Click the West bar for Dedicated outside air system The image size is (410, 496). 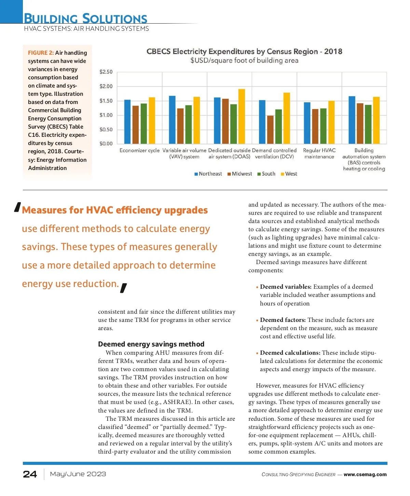(x=242, y=116)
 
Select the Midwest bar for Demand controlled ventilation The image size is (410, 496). (x=270, y=130)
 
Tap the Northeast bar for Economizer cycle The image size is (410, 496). (x=127, y=121)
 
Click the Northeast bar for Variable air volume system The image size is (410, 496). (x=172, y=120)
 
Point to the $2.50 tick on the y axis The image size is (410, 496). (x=106, y=72)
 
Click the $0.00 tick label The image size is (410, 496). (x=106, y=144)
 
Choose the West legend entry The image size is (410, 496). (x=289, y=174)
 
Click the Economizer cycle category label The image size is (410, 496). (x=139, y=151)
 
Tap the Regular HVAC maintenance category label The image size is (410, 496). (x=319, y=154)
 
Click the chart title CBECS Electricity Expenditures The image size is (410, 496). (x=244, y=52)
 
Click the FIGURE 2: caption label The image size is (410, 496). (x=41, y=53)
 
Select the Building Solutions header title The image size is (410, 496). (x=85, y=18)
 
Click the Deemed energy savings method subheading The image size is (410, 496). (x=151, y=344)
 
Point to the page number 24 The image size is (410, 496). (x=30, y=474)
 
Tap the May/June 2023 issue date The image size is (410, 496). (x=78, y=474)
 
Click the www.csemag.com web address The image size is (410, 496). (x=365, y=474)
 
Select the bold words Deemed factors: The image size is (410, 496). (x=283, y=320)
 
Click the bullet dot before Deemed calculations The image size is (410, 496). (x=257, y=353)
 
